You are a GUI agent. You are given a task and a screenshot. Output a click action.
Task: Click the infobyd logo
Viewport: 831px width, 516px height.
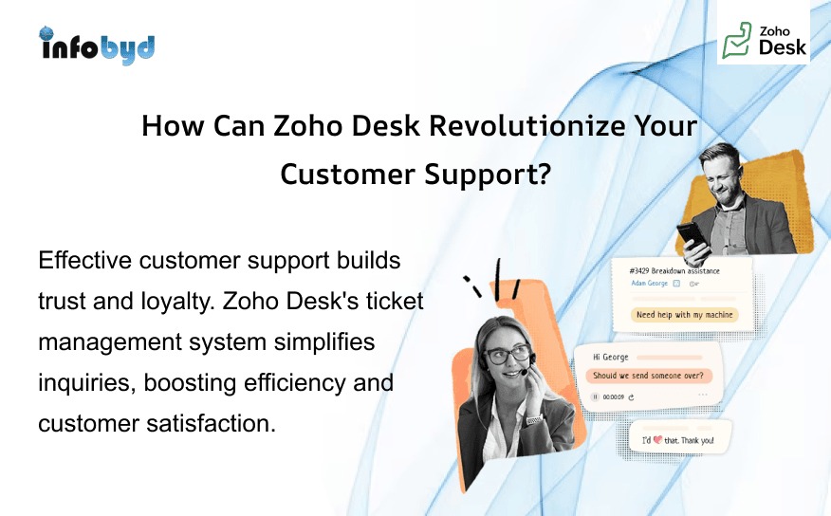click(x=97, y=45)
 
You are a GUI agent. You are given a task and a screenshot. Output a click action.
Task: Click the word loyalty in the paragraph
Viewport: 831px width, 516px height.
click(x=171, y=301)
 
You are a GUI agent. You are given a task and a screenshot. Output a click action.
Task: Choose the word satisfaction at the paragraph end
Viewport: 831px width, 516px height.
click(x=212, y=423)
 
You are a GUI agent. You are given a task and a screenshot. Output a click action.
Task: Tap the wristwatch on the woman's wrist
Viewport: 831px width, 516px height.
click(x=534, y=419)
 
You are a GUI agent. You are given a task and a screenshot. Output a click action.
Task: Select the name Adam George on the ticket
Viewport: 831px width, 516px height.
click(x=650, y=283)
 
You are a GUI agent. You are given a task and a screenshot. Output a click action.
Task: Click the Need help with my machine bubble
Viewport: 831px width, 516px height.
click(x=685, y=315)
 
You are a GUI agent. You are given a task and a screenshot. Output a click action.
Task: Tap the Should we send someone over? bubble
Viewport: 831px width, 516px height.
click(x=654, y=375)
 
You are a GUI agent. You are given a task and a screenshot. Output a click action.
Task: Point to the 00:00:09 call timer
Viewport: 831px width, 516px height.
click(x=613, y=396)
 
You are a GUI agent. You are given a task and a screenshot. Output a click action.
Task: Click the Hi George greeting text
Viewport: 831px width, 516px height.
click(x=611, y=357)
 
